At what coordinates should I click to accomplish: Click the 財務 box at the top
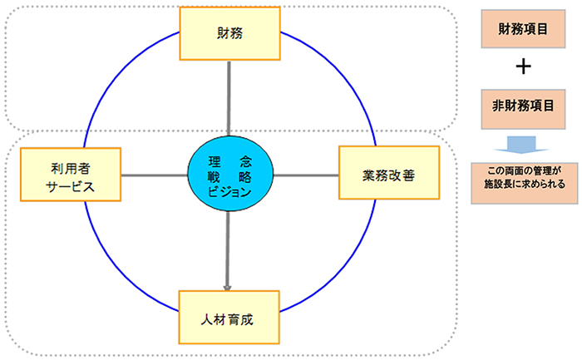[229, 34]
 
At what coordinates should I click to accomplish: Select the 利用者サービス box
[71, 175]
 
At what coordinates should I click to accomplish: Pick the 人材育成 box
[229, 318]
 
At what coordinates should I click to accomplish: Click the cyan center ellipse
[229, 175]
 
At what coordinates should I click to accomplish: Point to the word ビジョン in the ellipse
[229, 192]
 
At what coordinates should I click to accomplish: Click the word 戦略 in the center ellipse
[229, 175]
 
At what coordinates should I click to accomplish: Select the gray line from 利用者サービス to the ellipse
[154, 175]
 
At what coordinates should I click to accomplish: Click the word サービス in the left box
[71, 187]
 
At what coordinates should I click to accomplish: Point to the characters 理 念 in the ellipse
[229, 159]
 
